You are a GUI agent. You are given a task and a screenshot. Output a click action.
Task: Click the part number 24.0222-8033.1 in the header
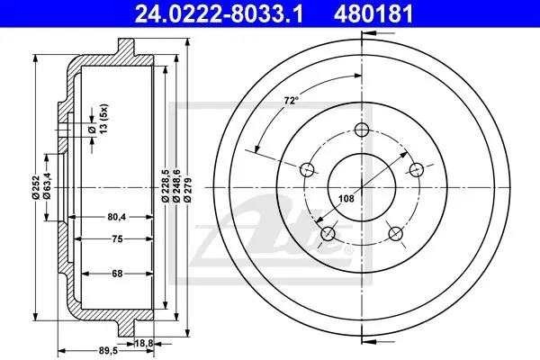pos(219,14)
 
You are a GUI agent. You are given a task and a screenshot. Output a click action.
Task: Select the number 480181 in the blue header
pos(373,14)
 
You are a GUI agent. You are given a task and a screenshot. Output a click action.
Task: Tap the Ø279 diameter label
pos(188,190)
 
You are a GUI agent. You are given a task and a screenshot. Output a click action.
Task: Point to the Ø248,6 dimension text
pos(176,185)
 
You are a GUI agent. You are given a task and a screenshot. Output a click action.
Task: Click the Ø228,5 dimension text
pos(165,185)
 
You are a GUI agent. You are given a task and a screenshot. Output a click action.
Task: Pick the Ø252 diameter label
pos(35,188)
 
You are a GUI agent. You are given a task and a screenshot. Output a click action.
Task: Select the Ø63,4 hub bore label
pos(47,185)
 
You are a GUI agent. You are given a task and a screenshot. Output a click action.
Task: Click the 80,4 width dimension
pos(116,217)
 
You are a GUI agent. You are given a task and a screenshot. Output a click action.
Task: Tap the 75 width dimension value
pos(117,238)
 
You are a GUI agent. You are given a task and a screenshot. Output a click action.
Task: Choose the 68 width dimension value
pos(117,274)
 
